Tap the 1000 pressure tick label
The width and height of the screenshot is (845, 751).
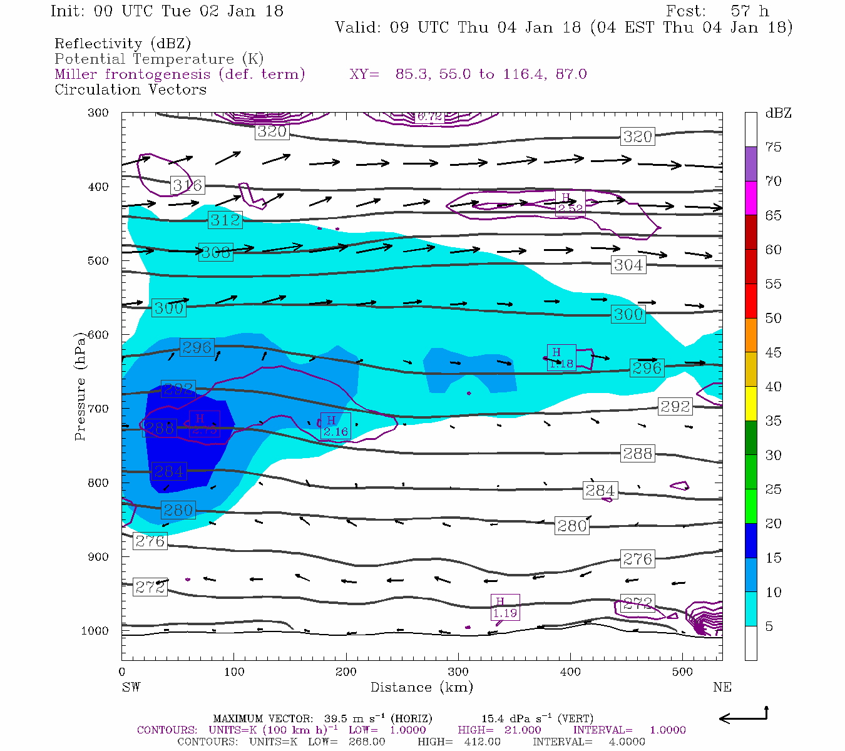95,631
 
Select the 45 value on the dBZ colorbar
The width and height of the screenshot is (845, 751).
774,352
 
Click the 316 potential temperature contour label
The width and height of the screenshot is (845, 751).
187,185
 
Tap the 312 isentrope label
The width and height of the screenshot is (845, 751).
225,220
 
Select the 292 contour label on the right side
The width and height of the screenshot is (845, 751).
675,407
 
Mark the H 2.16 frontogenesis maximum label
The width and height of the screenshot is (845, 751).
335,426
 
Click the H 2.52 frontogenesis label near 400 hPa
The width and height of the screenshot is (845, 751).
570,203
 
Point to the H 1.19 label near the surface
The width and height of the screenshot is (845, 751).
504,608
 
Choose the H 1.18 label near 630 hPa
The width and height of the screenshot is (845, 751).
561,358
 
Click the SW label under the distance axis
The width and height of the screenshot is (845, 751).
131,687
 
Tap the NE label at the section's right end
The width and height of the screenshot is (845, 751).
722,687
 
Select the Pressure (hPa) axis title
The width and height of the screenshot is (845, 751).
79,386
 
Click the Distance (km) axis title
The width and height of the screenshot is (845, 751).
421,687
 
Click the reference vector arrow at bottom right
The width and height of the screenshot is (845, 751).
743,717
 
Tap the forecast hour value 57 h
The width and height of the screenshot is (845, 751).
749,11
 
